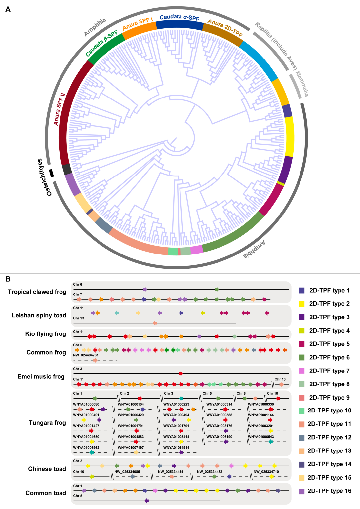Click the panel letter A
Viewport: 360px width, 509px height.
[x=8, y=9]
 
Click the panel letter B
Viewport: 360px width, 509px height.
[x=8, y=279]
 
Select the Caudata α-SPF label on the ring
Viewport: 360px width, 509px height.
[x=180, y=17]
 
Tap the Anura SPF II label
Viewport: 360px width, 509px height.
[x=60, y=109]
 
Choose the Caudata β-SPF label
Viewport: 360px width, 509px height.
[x=101, y=43]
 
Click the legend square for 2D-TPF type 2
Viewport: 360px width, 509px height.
[x=301, y=304]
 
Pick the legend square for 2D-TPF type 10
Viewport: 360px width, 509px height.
[x=301, y=411]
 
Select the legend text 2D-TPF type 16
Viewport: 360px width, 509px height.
[x=330, y=491]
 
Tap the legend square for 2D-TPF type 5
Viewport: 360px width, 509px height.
[x=301, y=344]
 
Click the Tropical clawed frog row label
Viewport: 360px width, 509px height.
[x=37, y=292]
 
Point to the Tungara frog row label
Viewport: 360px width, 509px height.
[x=47, y=423]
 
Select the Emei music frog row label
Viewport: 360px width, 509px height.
[x=41, y=377]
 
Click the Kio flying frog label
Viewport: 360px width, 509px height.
[x=46, y=334]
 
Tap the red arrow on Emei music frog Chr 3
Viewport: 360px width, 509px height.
[x=181, y=373]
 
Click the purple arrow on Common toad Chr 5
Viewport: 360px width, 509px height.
[x=147, y=501]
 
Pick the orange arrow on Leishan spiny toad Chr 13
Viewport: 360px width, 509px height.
[x=155, y=323]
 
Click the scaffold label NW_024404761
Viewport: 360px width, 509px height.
[x=86, y=355]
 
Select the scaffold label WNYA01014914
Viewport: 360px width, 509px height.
[x=176, y=448]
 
